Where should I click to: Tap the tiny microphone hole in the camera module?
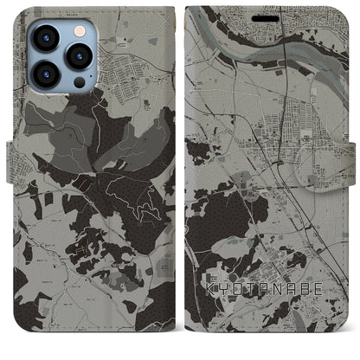point(62,57)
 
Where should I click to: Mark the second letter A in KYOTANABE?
point(299,310)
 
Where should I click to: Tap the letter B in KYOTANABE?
point(315,310)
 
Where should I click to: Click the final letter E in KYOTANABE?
point(331,310)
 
